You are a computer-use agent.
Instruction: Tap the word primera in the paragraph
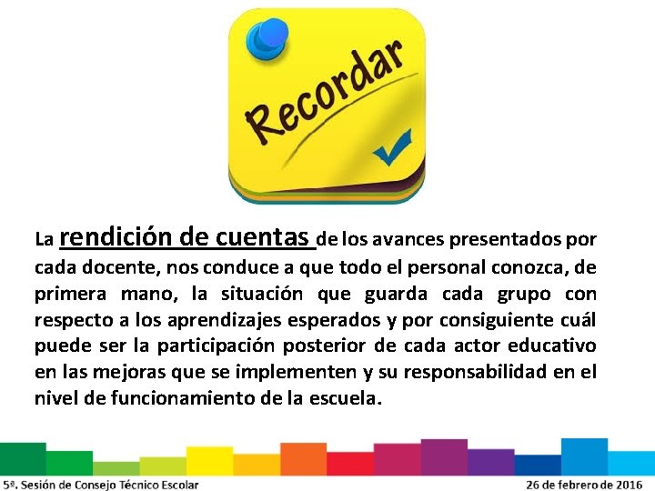(x=67, y=294)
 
